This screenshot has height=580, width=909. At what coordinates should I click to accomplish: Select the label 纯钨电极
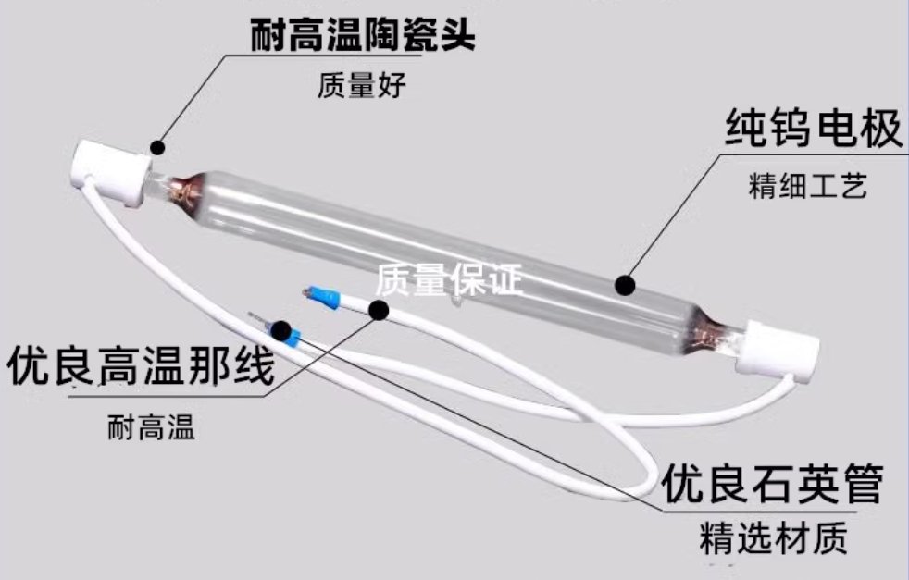click(812, 131)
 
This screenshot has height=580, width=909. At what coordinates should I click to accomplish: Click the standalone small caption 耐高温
click(152, 429)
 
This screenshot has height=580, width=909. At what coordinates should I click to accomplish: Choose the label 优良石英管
click(771, 483)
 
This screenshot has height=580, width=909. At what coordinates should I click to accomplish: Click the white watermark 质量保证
click(450, 278)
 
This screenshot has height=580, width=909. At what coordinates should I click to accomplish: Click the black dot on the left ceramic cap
click(157, 145)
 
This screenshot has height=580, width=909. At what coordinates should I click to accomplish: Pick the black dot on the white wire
click(380, 310)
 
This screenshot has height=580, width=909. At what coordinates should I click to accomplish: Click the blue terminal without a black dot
click(324, 296)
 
